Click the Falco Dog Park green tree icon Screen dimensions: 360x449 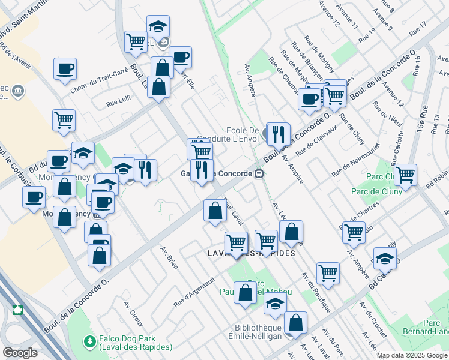90,340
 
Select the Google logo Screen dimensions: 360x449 20,352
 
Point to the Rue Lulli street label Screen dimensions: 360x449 119,103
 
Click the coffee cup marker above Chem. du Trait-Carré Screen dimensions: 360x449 65,68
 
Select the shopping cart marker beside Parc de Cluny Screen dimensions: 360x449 406,175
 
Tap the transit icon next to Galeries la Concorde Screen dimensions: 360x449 259,173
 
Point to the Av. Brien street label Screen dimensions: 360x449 169,258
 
